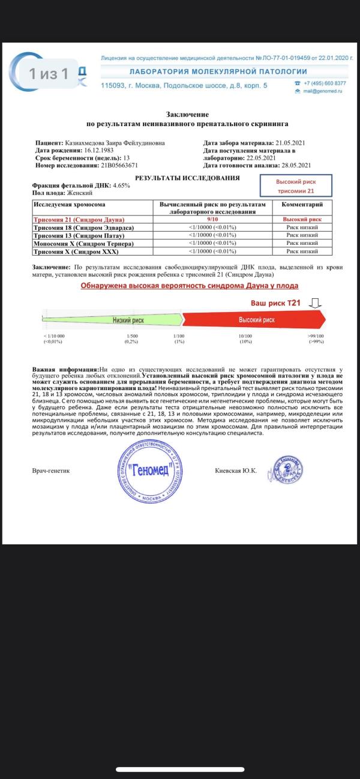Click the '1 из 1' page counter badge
[x=49, y=74]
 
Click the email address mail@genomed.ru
[x=322, y=91]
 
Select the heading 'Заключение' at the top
[x=187, y=114]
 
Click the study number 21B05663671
[x=113, y=164]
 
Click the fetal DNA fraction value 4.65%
[x=118, y=185]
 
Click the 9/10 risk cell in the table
[x=213, y=220]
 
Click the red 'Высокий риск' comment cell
[x=302, y=220]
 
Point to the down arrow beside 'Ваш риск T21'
[x=317, y=302]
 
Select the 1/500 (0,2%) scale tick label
[x=131, y=338]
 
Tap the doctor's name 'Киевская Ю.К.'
[x=235, y=471]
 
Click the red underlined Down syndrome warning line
[x=190, y=286]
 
